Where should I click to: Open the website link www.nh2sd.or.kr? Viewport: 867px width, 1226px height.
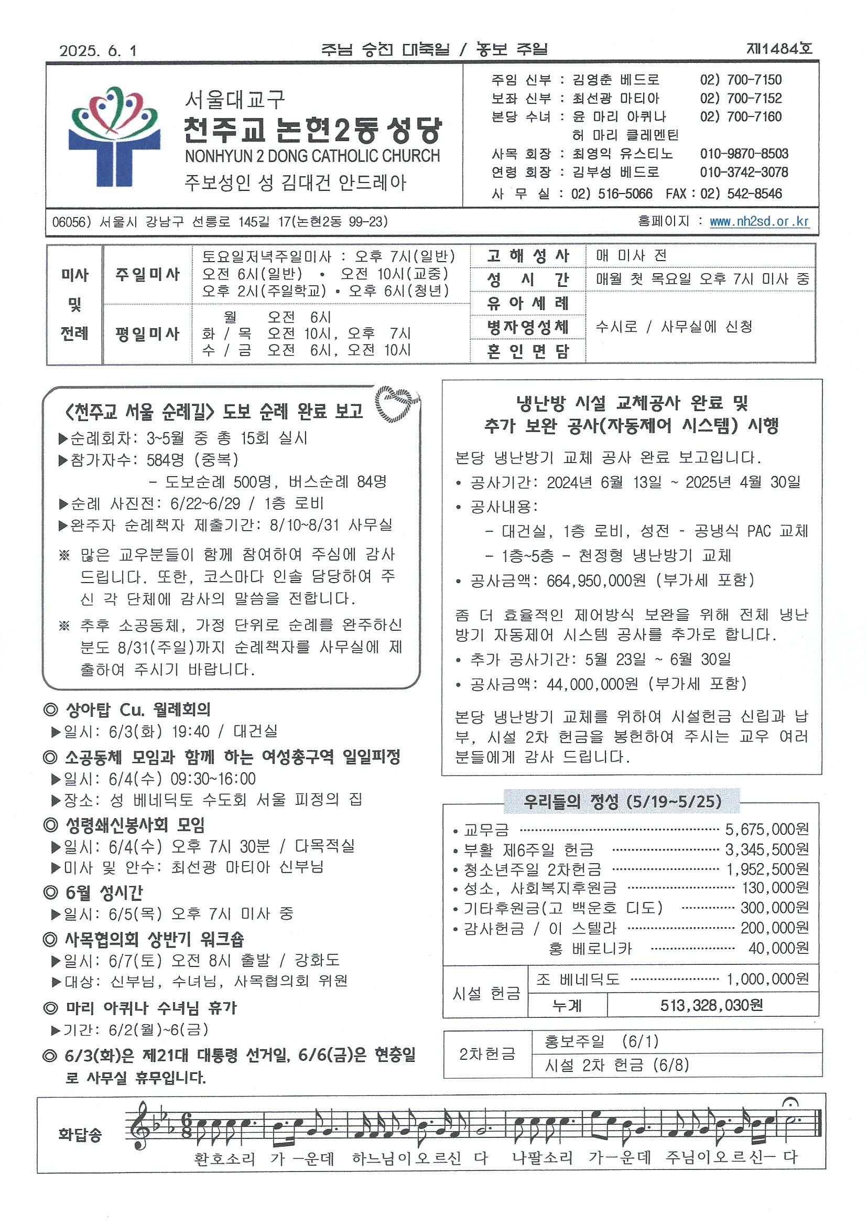(x=759, y=222)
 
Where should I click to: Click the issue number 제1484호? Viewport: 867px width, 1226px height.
(x=779, y=49)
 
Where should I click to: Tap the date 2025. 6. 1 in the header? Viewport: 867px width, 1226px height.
(x=99, y=51)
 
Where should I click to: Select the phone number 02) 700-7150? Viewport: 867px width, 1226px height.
(x=741, y=80)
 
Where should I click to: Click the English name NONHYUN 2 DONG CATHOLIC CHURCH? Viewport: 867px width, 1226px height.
(x=312, y=156)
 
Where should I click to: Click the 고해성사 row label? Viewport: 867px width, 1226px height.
(x=527, y=256)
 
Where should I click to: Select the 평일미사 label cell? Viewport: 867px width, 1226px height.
(x=147, y=334)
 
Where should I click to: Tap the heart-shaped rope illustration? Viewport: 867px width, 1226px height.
(x=398, y=404)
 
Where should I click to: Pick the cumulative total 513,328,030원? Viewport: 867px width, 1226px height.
(x=711, y=1005)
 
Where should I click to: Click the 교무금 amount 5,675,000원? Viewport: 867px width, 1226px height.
(x=767, y=829)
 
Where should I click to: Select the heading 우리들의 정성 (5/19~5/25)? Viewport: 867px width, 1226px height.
(x=623, y=801)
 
